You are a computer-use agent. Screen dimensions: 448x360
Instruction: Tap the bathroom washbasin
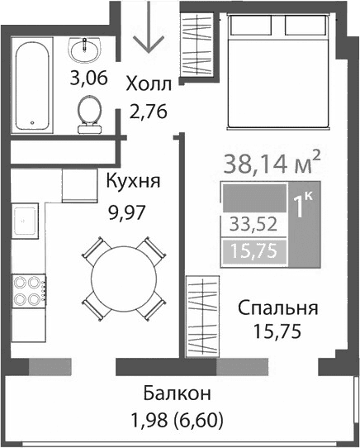point(85,52)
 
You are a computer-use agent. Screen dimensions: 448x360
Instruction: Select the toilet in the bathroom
point(87,112)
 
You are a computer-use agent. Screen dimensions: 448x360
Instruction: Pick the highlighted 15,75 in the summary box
point(253,250)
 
